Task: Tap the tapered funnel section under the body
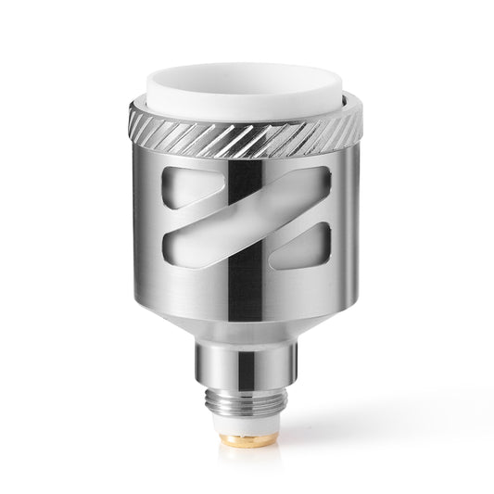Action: pos(247,324)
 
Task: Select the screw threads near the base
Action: pos(246,408)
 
